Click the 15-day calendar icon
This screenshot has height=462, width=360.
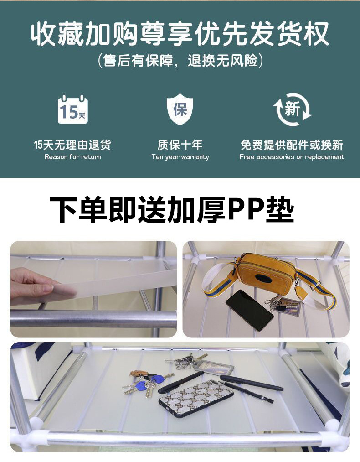point(73,109)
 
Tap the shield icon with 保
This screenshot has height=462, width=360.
point(180,109)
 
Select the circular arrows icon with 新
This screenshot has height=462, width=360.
point(292,109)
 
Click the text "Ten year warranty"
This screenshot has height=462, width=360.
point(180,157)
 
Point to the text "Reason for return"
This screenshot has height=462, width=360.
point(73,157)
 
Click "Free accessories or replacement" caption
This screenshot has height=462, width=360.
point(292,157)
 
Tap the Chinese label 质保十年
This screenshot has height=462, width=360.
point(180,145)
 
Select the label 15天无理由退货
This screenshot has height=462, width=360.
point(72,145)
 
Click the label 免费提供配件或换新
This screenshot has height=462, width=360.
point(292,145)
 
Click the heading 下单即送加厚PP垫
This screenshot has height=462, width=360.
point(172,210)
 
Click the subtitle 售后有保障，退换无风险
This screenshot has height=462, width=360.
point(180,60)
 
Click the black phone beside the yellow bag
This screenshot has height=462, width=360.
point(250,310)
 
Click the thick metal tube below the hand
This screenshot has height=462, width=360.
point(93,319)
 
